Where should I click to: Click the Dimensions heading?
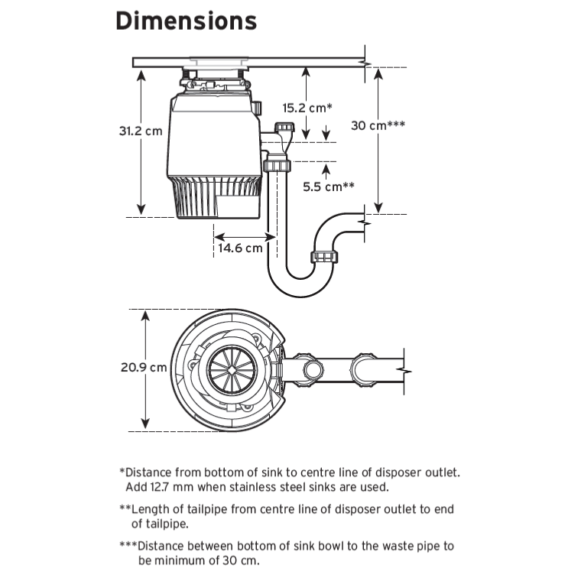pos(186,21)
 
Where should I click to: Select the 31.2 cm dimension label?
pos(140,131)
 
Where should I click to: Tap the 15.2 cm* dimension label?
pos(307,108)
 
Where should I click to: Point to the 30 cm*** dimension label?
pos(378,125)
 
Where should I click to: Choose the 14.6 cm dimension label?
pos(240,248)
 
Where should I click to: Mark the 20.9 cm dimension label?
pos(143,367)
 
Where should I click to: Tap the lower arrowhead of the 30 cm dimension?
pos(378,209)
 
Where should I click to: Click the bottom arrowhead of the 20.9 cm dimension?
pos(145,424)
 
